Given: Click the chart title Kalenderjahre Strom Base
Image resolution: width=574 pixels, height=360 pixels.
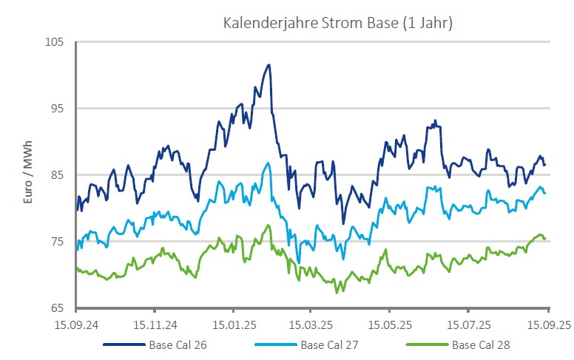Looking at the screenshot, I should coord(338,23).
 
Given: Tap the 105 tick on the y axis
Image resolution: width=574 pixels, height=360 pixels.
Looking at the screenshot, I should coord(64,42).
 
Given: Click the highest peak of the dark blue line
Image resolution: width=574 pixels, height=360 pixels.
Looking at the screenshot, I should coord(269,65).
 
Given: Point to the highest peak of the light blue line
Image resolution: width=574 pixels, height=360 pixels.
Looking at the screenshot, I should coord(269,163).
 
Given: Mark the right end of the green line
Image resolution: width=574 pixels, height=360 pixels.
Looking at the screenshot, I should coord(546,239).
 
